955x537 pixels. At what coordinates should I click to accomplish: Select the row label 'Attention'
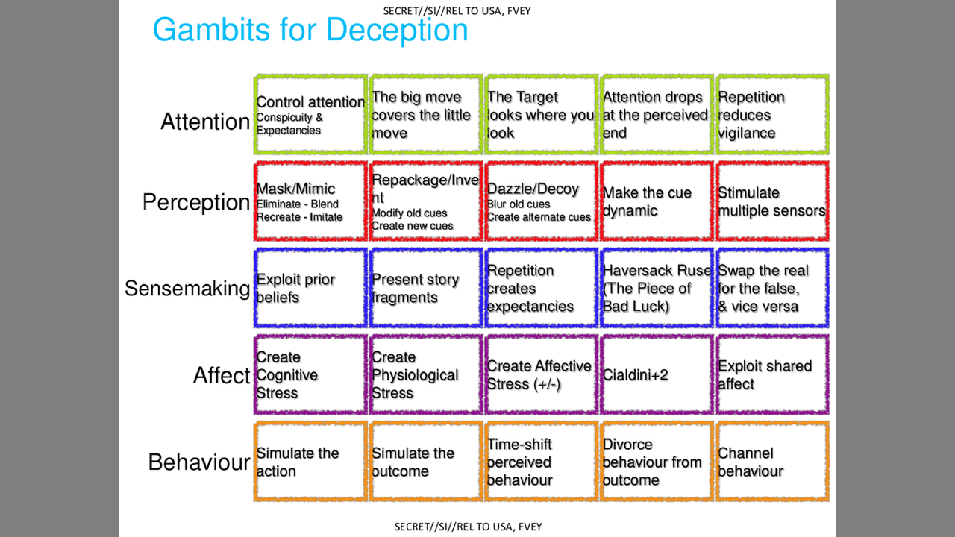point(205,122)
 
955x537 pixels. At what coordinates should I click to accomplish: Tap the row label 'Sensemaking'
point(187,289)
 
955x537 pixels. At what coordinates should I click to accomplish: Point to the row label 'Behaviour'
point(198,462)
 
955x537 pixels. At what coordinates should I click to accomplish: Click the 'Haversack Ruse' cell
point(657,289)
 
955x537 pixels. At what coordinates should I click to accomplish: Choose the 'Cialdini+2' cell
point(657,374)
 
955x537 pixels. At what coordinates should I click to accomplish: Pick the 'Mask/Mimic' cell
point(310,201)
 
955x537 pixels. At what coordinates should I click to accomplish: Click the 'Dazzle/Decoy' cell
point(541,201)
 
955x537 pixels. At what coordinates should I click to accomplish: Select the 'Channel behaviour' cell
point(771,462)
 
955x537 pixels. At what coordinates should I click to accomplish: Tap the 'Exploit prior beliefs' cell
point(310,289)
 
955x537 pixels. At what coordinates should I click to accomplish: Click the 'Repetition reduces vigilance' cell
point(771,115)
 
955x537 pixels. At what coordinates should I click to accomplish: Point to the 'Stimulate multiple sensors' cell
point(771,201)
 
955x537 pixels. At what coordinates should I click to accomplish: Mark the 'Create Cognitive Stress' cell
point(310,374)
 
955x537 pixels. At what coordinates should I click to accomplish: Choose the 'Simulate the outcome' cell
point(425,462)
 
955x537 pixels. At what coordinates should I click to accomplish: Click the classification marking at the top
point(457,10)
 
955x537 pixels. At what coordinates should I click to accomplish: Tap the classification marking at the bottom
point(468,527)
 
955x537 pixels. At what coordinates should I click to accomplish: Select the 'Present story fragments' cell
point(425,289)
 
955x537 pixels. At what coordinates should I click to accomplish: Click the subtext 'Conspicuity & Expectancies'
point(289,124)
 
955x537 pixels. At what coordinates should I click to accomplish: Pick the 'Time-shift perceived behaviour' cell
point(541,462)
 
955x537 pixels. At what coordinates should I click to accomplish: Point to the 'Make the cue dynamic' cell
point(657,201)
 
